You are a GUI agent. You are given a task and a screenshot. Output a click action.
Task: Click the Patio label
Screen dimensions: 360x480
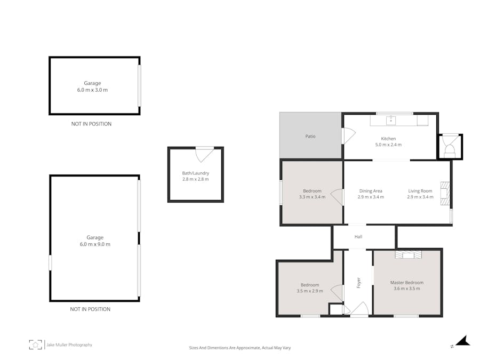click(310, 137)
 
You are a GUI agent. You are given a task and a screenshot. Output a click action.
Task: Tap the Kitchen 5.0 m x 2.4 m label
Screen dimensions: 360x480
click(388, 142)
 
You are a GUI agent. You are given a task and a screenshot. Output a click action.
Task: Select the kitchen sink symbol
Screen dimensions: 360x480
click(391, 121)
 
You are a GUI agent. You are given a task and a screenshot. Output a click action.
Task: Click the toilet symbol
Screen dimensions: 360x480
click(450, 147)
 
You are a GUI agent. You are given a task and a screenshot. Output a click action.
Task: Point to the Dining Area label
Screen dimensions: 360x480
click(371, 194)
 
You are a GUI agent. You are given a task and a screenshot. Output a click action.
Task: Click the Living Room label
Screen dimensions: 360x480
click(420, 194)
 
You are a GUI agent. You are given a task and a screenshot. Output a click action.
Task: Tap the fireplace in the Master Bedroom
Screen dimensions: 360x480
click(408, 255)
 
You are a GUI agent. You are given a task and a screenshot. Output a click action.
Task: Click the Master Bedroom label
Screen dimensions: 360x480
click(407, 286)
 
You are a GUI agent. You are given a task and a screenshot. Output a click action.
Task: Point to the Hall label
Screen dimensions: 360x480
click(358, 237)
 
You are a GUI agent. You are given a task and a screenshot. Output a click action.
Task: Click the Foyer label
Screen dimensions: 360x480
click(358, 282)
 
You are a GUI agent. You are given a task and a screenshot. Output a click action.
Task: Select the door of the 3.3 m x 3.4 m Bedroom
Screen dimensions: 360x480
click(337, 197)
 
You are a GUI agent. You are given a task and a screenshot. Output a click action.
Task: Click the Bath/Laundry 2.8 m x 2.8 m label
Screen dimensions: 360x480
click(196, 176)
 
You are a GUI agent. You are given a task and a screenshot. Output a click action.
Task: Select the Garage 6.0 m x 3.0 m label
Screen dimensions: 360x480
click(92, 86)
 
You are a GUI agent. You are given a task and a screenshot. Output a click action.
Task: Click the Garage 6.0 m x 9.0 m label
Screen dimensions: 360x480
click(95, 241)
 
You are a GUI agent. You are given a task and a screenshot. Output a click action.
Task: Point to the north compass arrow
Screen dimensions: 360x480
click(462, 341)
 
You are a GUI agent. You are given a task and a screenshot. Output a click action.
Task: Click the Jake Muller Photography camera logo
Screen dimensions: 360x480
click(36, 345)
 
